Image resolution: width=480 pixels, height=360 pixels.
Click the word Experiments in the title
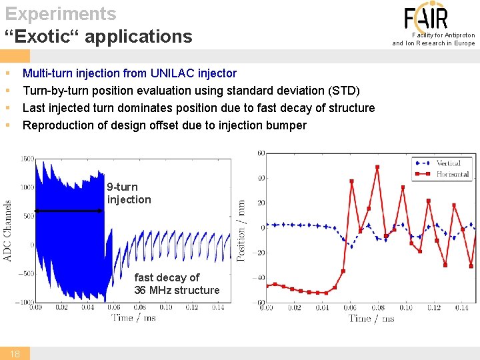coord(61,13)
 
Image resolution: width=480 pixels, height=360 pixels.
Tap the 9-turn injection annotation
coord(129,193)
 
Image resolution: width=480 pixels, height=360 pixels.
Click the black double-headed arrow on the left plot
coord(69,211)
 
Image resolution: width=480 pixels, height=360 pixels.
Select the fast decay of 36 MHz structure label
coord(177,283)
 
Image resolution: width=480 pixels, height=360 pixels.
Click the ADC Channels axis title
coord(8,231)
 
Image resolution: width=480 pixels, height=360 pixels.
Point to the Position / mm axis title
coord(241,230)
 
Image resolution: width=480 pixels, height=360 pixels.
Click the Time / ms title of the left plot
coord(133,317)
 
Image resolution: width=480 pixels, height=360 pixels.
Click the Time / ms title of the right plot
coord(371,318)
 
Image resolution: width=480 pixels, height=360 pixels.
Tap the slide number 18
coord(15,354)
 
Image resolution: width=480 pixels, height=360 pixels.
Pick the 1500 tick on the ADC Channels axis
coord(27,159)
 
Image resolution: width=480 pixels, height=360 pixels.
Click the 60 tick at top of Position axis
coord(261,153)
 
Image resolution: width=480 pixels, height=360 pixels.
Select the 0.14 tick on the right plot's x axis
coord(461,307)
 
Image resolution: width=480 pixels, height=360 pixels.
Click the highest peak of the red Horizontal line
coord(377,167)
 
